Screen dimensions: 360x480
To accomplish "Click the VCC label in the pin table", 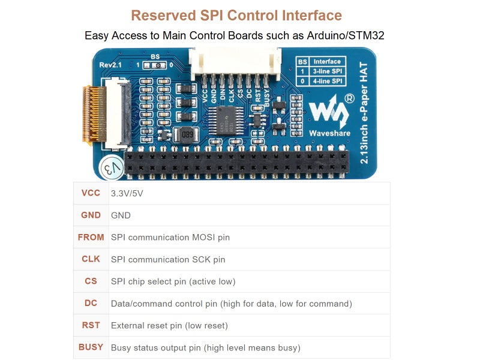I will coord(91,193).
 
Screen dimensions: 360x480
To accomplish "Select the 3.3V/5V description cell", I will coord(127,194).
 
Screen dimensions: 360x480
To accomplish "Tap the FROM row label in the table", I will coord(91,237).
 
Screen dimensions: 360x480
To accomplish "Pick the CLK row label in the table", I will coord(91,259).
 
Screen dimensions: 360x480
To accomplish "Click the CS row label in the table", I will coord(91,281).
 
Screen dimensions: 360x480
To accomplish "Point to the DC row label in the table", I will coord(91,303).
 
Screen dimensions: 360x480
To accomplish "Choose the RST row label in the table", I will coord(91,325).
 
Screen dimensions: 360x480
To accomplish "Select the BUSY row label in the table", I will coord(91,347).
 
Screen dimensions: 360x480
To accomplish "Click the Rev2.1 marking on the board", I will coord(110,64).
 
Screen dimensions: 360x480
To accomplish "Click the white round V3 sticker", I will coord(112,168).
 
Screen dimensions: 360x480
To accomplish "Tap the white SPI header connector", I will coord(235,62).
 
